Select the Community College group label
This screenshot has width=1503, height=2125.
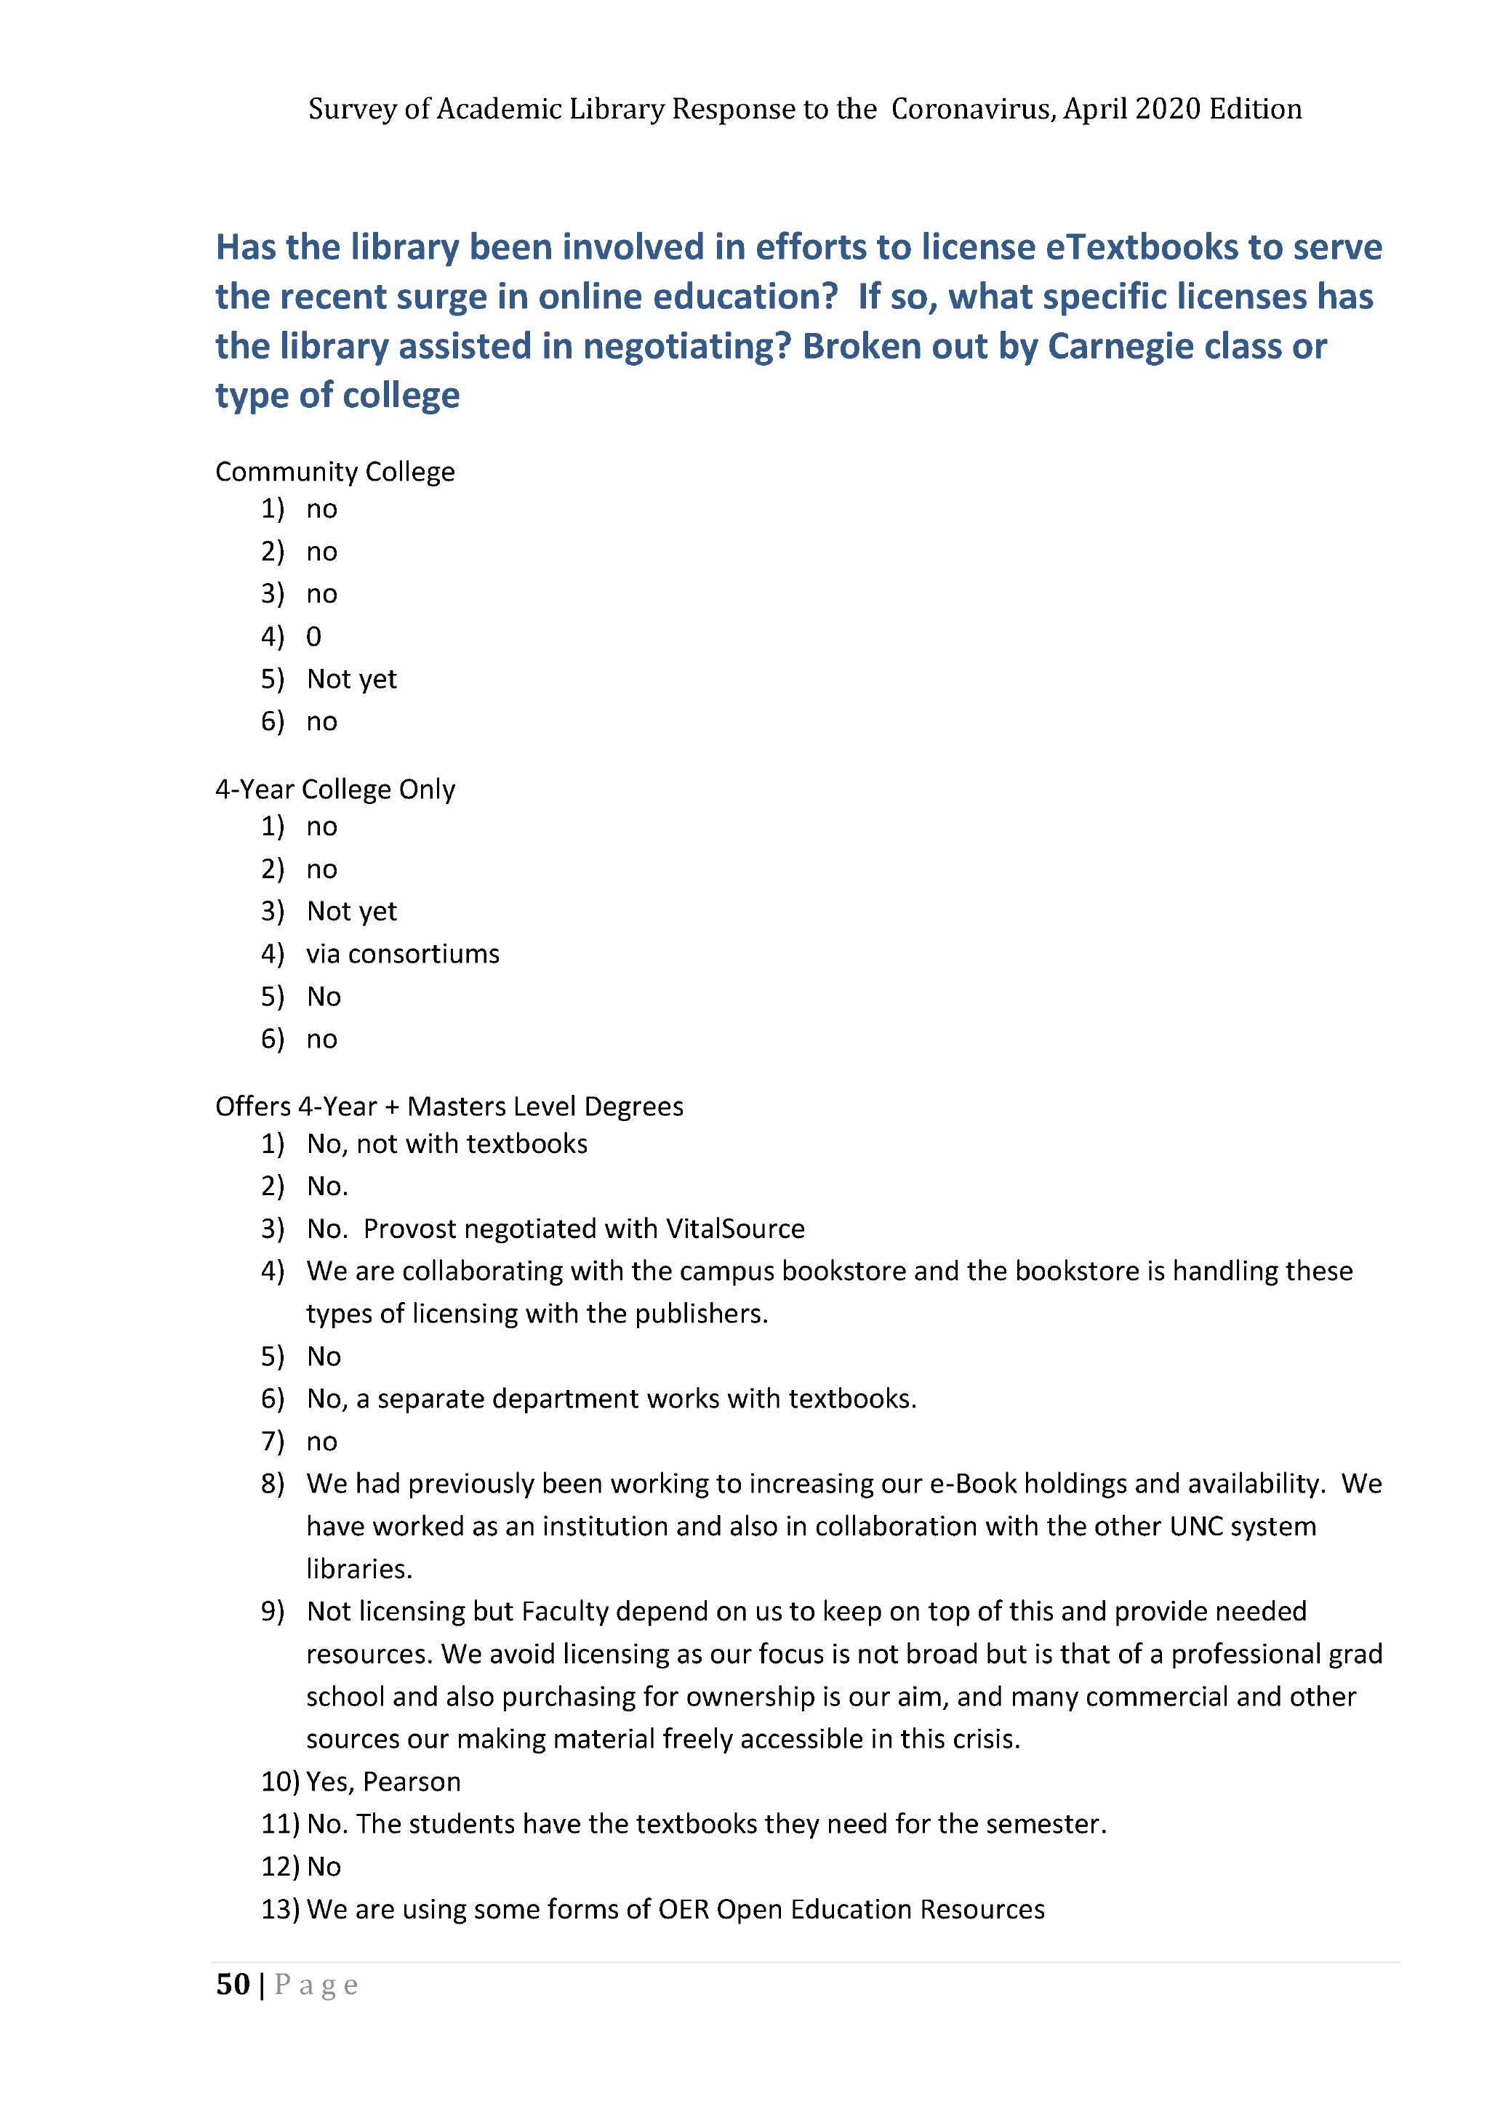(335, 472)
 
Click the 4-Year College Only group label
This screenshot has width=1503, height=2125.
(335, 790)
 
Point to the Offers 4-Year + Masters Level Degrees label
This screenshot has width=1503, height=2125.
(449, 1107)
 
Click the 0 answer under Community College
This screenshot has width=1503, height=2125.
(313, 637)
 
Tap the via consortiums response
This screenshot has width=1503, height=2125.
(403, 955)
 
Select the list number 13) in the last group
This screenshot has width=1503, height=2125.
(279, 1909)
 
